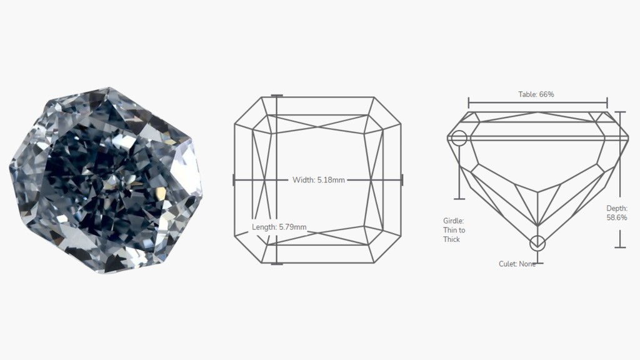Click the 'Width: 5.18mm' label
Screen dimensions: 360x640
pos(318,180)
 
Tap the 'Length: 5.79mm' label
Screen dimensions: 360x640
pos(279,227)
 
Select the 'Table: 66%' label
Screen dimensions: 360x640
pos(536,94)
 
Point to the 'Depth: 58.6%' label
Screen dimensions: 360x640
pos(616,213)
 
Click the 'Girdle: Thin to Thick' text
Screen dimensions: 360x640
pos(454,230)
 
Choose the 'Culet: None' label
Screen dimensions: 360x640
pos(517,264)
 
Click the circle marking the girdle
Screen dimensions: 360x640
pos(459,138)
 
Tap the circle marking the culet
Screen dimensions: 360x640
pos(537,243)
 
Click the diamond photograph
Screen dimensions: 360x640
pos(106,180)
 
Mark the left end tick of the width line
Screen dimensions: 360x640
pos(234,180)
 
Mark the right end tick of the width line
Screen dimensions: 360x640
pos(402,180)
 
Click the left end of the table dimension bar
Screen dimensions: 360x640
pos(469,102)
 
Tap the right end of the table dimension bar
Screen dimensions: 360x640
pos(607,102)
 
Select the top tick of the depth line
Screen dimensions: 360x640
pos(620,112)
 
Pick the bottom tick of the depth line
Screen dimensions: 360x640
pos(620,247)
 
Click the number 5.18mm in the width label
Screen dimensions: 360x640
pos(331,180)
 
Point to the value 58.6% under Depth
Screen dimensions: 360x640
pos(616,218)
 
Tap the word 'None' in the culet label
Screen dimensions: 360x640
pos(527,264)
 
